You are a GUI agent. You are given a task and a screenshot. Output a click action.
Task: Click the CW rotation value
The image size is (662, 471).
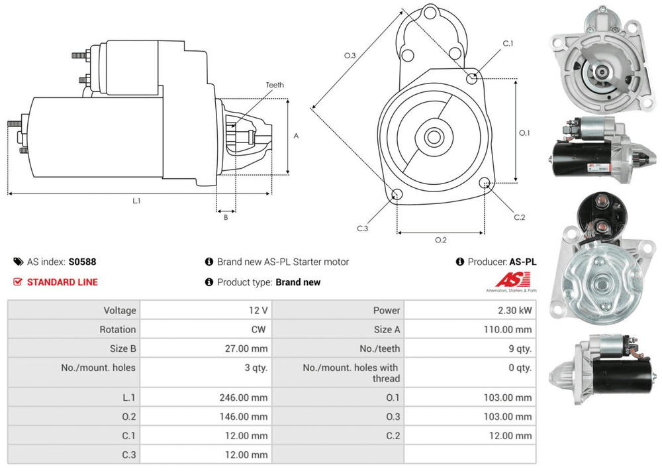click(260, 329)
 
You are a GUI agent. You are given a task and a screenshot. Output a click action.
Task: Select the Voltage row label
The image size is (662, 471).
click(119, 310)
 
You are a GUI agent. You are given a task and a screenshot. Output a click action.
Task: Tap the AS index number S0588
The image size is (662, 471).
click(82, 262)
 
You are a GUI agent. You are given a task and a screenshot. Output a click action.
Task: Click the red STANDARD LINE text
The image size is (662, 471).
click(62, 282)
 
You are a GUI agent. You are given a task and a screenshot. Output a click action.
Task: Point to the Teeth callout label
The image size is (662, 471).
click(275, 85)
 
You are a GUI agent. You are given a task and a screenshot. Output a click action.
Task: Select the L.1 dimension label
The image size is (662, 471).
click(136, 200)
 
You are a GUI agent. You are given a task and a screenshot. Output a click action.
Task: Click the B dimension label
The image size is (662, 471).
click(225, 217)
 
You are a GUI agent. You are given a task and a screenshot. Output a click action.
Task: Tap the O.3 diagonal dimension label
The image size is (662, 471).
click(350, 56)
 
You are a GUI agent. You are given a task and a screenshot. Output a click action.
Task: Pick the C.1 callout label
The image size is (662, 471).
click(508, 43)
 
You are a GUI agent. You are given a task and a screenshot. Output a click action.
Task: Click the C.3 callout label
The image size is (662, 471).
click(362, 229)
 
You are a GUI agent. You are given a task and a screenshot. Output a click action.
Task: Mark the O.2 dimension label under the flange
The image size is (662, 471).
click(440, 240)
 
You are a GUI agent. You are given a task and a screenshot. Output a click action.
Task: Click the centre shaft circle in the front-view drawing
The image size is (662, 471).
click(434, 138)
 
